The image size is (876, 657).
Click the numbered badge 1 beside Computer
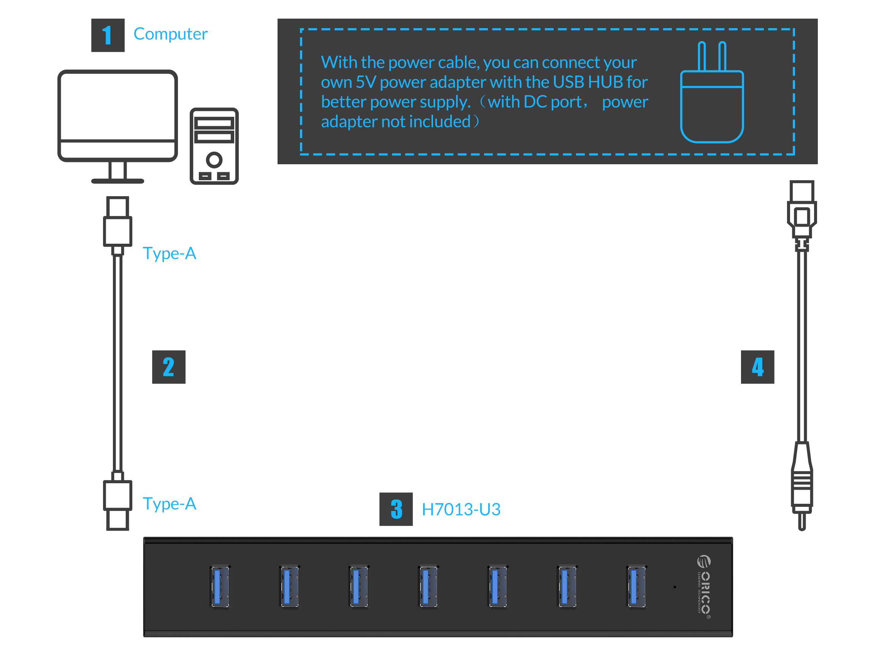108,35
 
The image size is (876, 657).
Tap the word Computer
170,34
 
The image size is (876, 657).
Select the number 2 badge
169,367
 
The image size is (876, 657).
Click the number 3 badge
396,509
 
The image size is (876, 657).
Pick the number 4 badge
757,367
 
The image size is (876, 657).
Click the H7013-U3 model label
460,509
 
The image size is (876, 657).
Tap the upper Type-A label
169,254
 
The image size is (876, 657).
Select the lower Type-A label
169,504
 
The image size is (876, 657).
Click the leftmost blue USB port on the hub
220,586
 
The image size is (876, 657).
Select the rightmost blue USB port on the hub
636,586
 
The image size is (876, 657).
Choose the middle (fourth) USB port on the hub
428,586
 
